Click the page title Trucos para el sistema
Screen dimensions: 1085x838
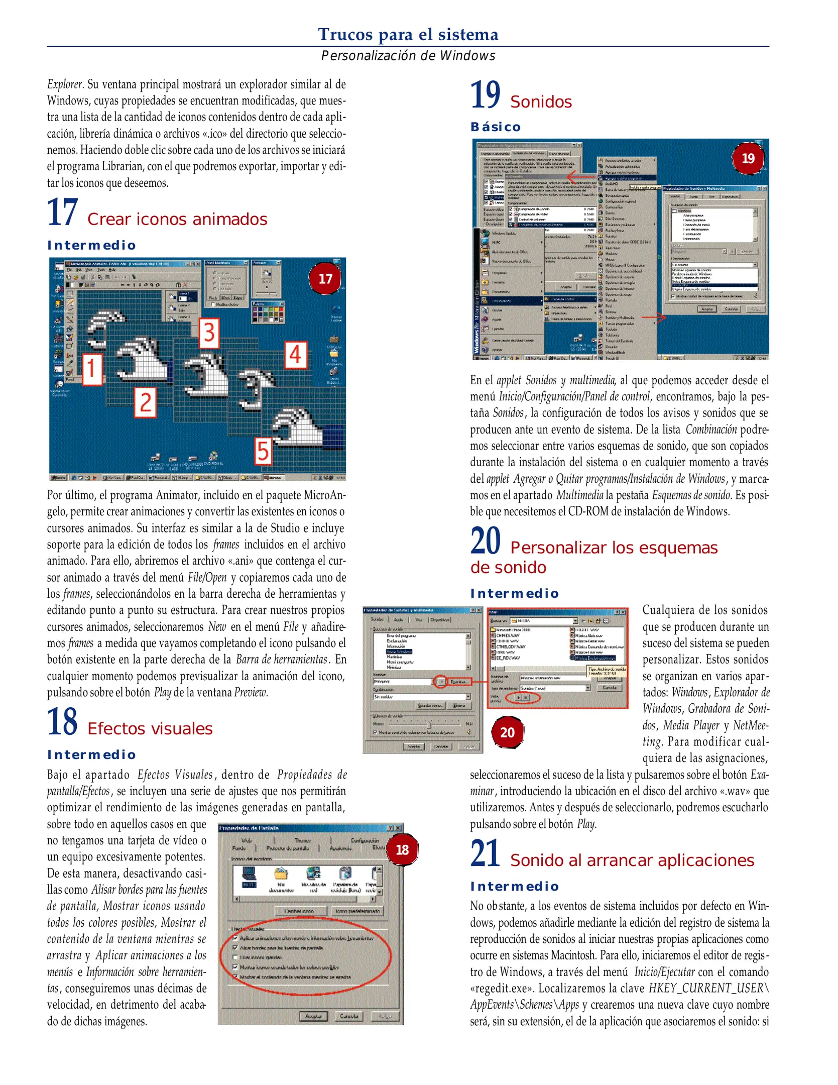(x=408, y=34)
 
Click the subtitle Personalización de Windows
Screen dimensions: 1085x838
(x=408, y=56)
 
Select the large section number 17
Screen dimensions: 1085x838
(x=62, y=213)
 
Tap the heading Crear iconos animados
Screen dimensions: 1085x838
(x=177, y=220)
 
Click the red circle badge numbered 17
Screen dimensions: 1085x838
(x=325, y=279)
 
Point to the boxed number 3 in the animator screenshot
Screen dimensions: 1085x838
(x=209, y=333)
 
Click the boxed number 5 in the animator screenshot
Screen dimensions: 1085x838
(x=263, y=451)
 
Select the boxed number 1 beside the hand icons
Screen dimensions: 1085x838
(x=92, y=369)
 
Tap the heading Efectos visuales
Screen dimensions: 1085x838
(x=150, y=729)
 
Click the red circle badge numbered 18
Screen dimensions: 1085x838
(x=402, y=850)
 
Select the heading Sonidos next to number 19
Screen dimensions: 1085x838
(x=541, y=102)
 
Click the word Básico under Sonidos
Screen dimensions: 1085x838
(x=496, y=127)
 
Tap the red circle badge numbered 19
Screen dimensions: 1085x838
(x=748, y=159)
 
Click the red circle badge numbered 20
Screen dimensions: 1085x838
(x=507, y=732)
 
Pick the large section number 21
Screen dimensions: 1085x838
(x=485, y=854)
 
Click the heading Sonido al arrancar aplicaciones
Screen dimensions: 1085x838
(x=632, y=860)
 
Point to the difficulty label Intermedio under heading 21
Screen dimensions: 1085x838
(x=515, y=887)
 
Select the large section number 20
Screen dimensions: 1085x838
(x=485, y=541)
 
